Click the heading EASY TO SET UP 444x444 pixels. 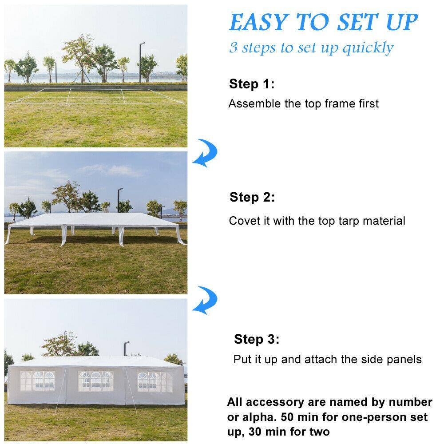323,22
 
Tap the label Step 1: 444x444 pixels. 252,84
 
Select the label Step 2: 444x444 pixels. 252,197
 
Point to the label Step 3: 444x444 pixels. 257,340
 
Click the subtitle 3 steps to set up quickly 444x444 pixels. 311,47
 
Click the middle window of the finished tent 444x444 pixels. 95,381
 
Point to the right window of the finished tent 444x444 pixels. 155,381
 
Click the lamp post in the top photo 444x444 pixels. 141,62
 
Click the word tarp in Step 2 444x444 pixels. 341,221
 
